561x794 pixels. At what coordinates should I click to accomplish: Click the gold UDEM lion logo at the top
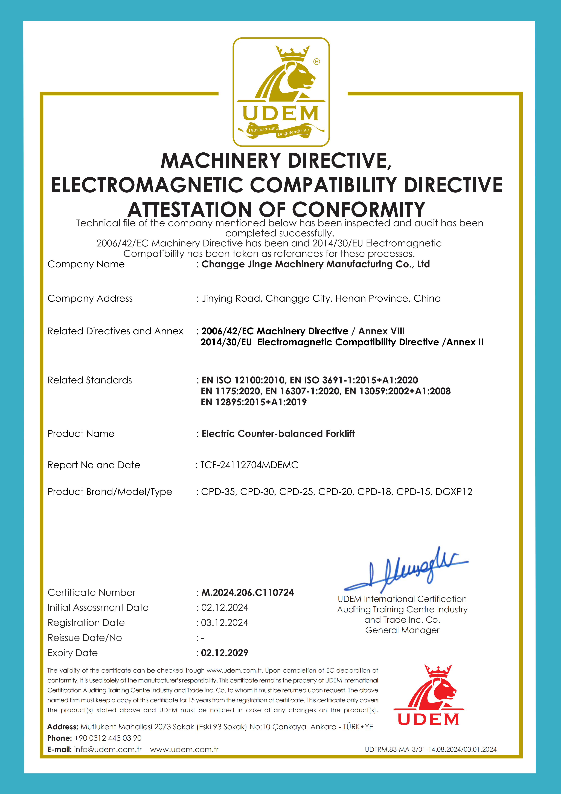(281, 92)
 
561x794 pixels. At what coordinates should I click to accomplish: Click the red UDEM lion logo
(429, 695)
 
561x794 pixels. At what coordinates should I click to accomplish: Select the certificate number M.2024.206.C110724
(247, 592)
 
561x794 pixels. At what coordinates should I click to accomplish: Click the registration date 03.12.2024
(225, 622)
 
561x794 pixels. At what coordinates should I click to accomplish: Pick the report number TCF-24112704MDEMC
(249, 465)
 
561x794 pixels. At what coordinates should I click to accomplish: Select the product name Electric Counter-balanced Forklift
(278, 434)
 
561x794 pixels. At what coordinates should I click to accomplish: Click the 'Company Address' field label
(90, 298)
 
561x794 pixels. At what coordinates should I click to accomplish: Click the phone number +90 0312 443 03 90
(108, 738)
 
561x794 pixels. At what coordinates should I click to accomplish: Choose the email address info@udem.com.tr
(108, 749)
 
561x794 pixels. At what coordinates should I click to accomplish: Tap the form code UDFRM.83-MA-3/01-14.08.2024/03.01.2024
(430, 749)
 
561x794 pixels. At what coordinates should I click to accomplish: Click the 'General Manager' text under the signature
(402, 630)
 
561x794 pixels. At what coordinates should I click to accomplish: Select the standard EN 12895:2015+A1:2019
(254, 402)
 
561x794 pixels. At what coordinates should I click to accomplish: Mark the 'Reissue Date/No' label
(85, 638)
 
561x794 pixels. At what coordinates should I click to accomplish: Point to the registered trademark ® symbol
(316, 62)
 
